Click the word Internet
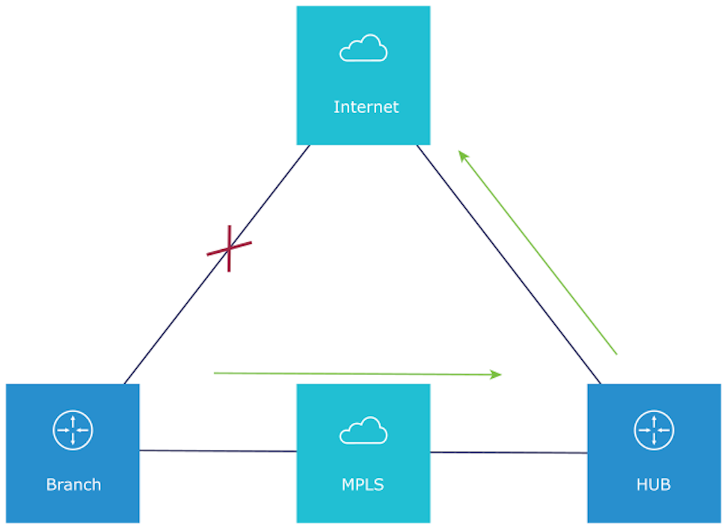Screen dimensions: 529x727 click(366, 107)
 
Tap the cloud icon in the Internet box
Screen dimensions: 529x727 click(363, 49)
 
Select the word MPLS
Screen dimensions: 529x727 click(363, 485)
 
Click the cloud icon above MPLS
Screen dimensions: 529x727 click(363, 430)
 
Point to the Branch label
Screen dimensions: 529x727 click(73, 485)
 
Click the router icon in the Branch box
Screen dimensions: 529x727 click(73, 430)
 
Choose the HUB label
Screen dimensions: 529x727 click(654, 485)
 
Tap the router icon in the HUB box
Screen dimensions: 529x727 click(654, 430)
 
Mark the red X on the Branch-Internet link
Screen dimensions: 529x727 click(229, 248)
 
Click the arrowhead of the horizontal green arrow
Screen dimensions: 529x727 click(497, 374)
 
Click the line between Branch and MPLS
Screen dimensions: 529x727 click(218, 451)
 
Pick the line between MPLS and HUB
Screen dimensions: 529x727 click(509, 452)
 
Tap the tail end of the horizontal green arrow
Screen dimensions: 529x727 click(216, 372)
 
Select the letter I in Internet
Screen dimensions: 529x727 click(336, 107)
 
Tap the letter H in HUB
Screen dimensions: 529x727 click(641, 485)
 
